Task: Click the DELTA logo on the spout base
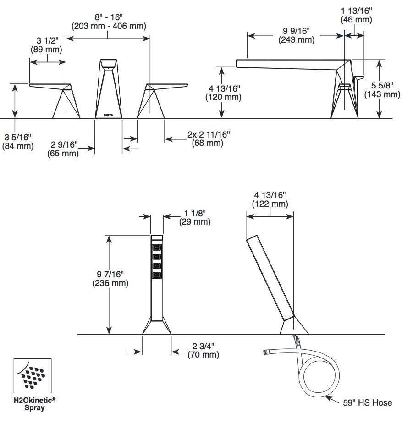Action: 109,115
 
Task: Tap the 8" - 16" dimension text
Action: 109,17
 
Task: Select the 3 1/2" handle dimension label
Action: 48,40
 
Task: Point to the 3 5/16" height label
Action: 18,137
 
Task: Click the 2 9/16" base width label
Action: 64,144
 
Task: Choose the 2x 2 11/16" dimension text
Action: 209,134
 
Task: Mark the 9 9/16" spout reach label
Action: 296,31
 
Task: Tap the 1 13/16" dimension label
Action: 356,11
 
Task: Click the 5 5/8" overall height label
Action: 382,85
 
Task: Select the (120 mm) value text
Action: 223,97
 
